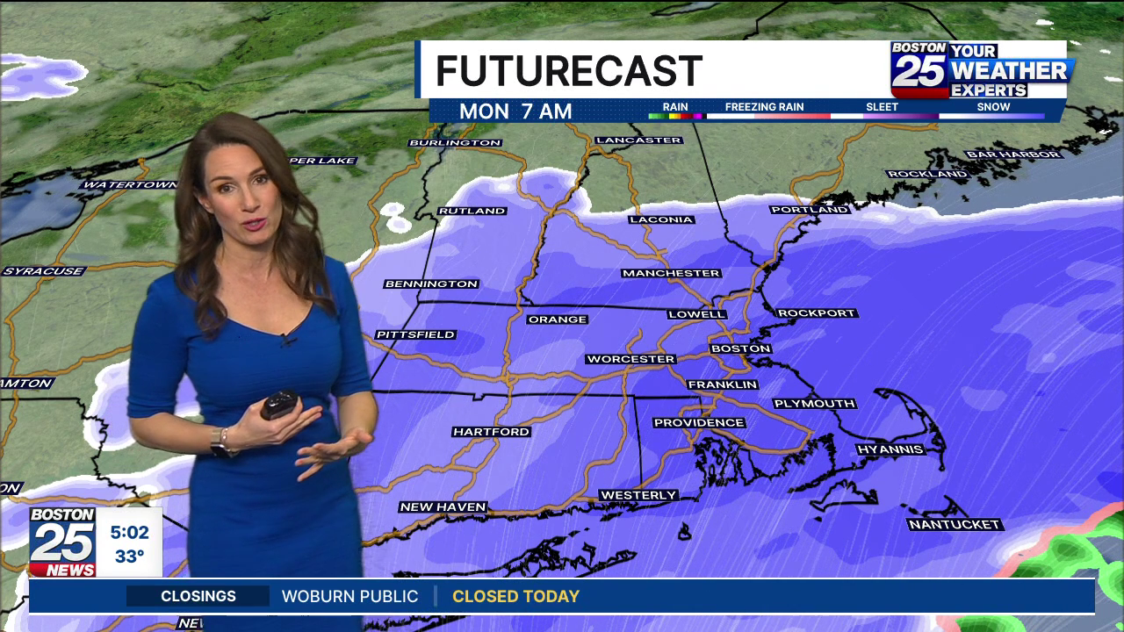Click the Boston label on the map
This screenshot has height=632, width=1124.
740,348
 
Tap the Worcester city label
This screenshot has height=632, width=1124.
630,359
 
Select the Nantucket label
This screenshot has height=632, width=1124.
954,525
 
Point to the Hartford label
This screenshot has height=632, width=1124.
491,432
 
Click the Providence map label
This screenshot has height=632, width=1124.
699,423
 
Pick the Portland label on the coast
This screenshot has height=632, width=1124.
810,210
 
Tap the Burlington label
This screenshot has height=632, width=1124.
455,142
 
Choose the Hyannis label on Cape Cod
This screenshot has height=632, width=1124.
890,449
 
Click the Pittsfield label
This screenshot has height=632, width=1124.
415,334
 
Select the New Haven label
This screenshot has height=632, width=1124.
443,507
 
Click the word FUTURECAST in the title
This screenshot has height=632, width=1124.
568,71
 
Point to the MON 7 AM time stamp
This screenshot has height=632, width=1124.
515,111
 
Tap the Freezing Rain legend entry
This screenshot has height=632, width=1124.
764,107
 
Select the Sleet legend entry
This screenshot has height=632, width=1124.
882,107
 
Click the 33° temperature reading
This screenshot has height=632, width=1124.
129,557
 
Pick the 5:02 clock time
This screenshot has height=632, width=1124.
129,532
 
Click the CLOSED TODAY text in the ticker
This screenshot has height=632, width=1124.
515,597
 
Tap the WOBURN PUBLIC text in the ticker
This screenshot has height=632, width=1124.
349,597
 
